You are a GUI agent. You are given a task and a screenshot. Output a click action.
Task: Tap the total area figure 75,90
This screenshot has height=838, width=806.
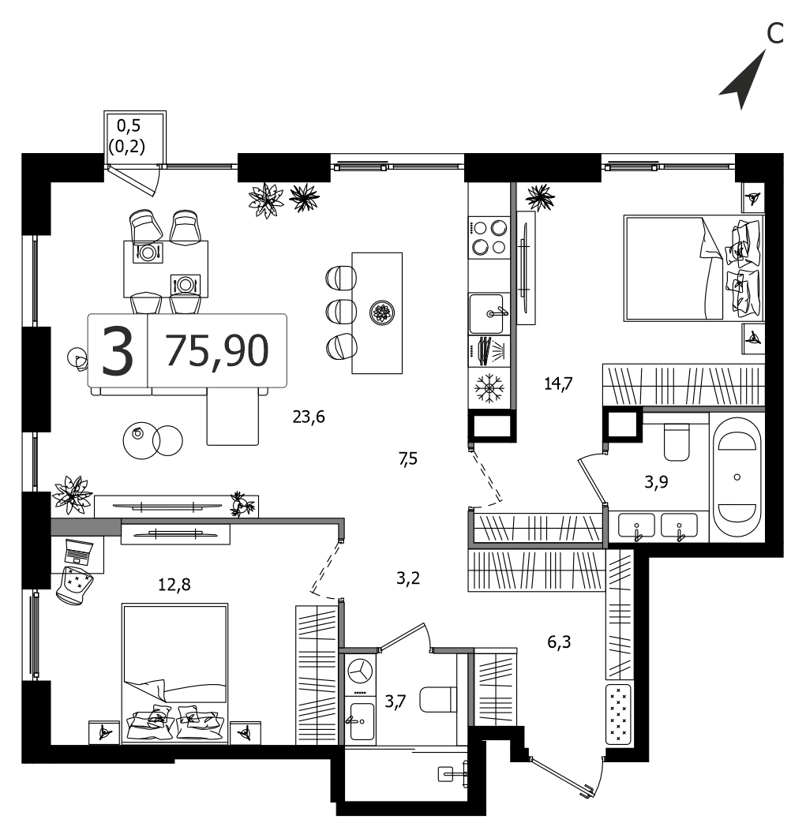click(x=217, y=350)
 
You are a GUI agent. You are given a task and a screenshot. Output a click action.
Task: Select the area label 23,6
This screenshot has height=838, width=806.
click(x=309, y=417)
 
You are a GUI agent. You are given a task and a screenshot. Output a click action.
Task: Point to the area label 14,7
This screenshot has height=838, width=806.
click(x=558, y=383)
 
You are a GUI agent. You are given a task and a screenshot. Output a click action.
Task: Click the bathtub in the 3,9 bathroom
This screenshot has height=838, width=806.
click(x=737, y=477)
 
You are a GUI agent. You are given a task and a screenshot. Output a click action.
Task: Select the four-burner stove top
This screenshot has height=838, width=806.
click(x=489, y=238)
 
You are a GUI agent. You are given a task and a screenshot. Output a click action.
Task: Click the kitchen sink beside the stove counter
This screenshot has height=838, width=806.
click(x=488, y=314)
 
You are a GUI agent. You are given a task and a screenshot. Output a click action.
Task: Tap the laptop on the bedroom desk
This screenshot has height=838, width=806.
click(x=78, y=552)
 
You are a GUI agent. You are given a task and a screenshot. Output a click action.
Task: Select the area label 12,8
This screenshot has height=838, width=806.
click(x=174, y=585)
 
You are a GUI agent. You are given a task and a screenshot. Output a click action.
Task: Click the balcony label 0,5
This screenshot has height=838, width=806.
click(x=129, y=125)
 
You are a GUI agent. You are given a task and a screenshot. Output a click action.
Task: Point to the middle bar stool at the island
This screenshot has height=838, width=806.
click(x=341, y=311)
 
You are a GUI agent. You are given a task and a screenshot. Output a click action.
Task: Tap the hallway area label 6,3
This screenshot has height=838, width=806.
click(x=559, y=642)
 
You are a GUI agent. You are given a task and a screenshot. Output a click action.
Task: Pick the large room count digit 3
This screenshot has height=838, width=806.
click(x=117, y=350)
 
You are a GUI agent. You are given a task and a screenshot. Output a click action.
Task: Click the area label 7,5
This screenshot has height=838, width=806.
click(x=407, y=458)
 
